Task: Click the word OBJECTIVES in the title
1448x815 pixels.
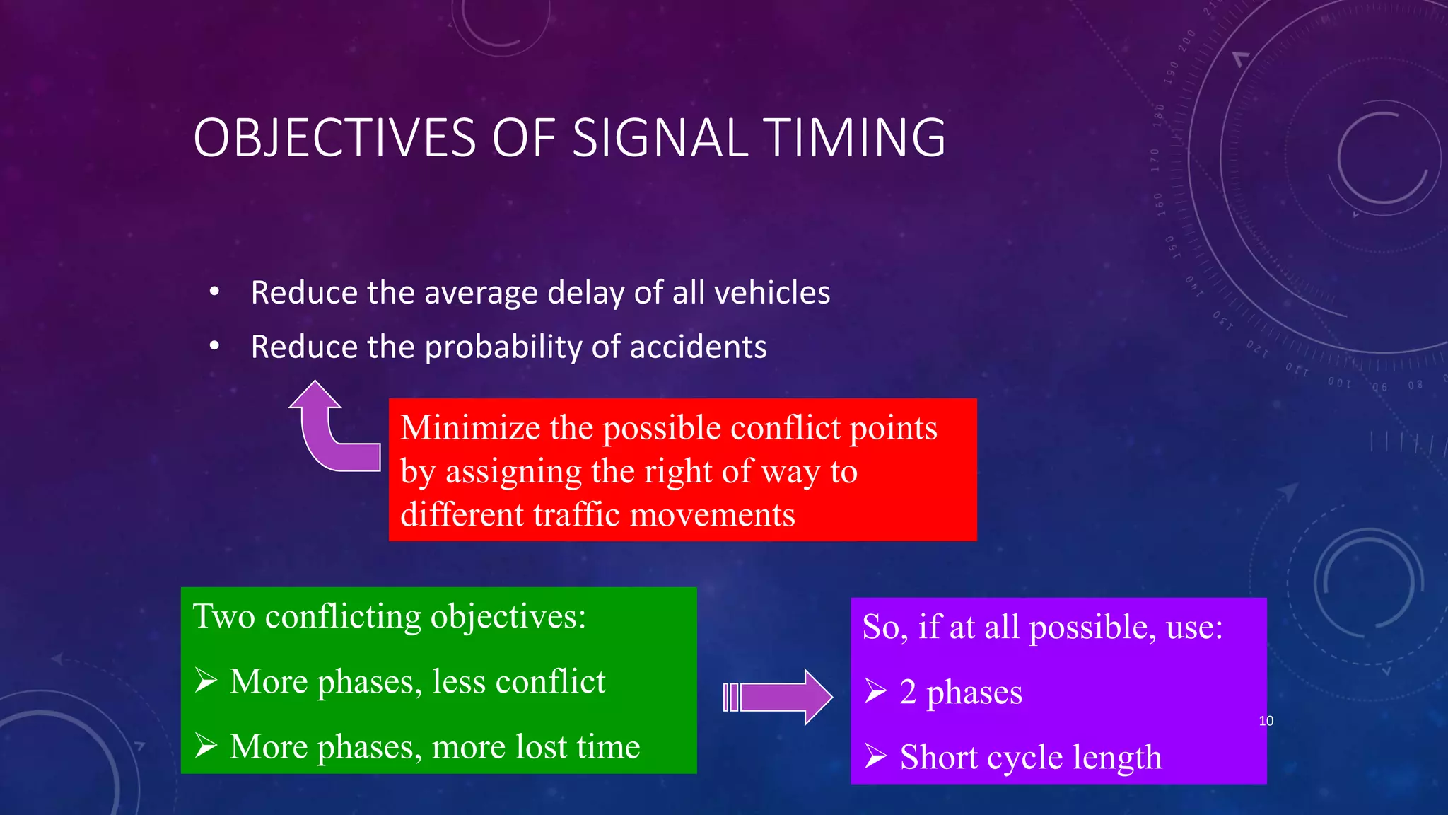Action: [x=334, y=138]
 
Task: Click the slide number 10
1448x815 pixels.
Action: [x=1266, y=721]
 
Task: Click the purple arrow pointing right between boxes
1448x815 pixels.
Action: [x=778, y=697]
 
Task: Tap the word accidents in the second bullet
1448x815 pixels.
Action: [x=697, y=347]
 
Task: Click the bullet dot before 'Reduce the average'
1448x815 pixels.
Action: [x=214, y=291]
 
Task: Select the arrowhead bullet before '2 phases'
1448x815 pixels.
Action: [x=875, y=691]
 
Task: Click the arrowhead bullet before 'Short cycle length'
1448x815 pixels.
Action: [x=875, y=756]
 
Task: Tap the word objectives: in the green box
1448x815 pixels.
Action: [x=508, y=617]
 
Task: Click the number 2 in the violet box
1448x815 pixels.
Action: [x=908, y=692]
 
